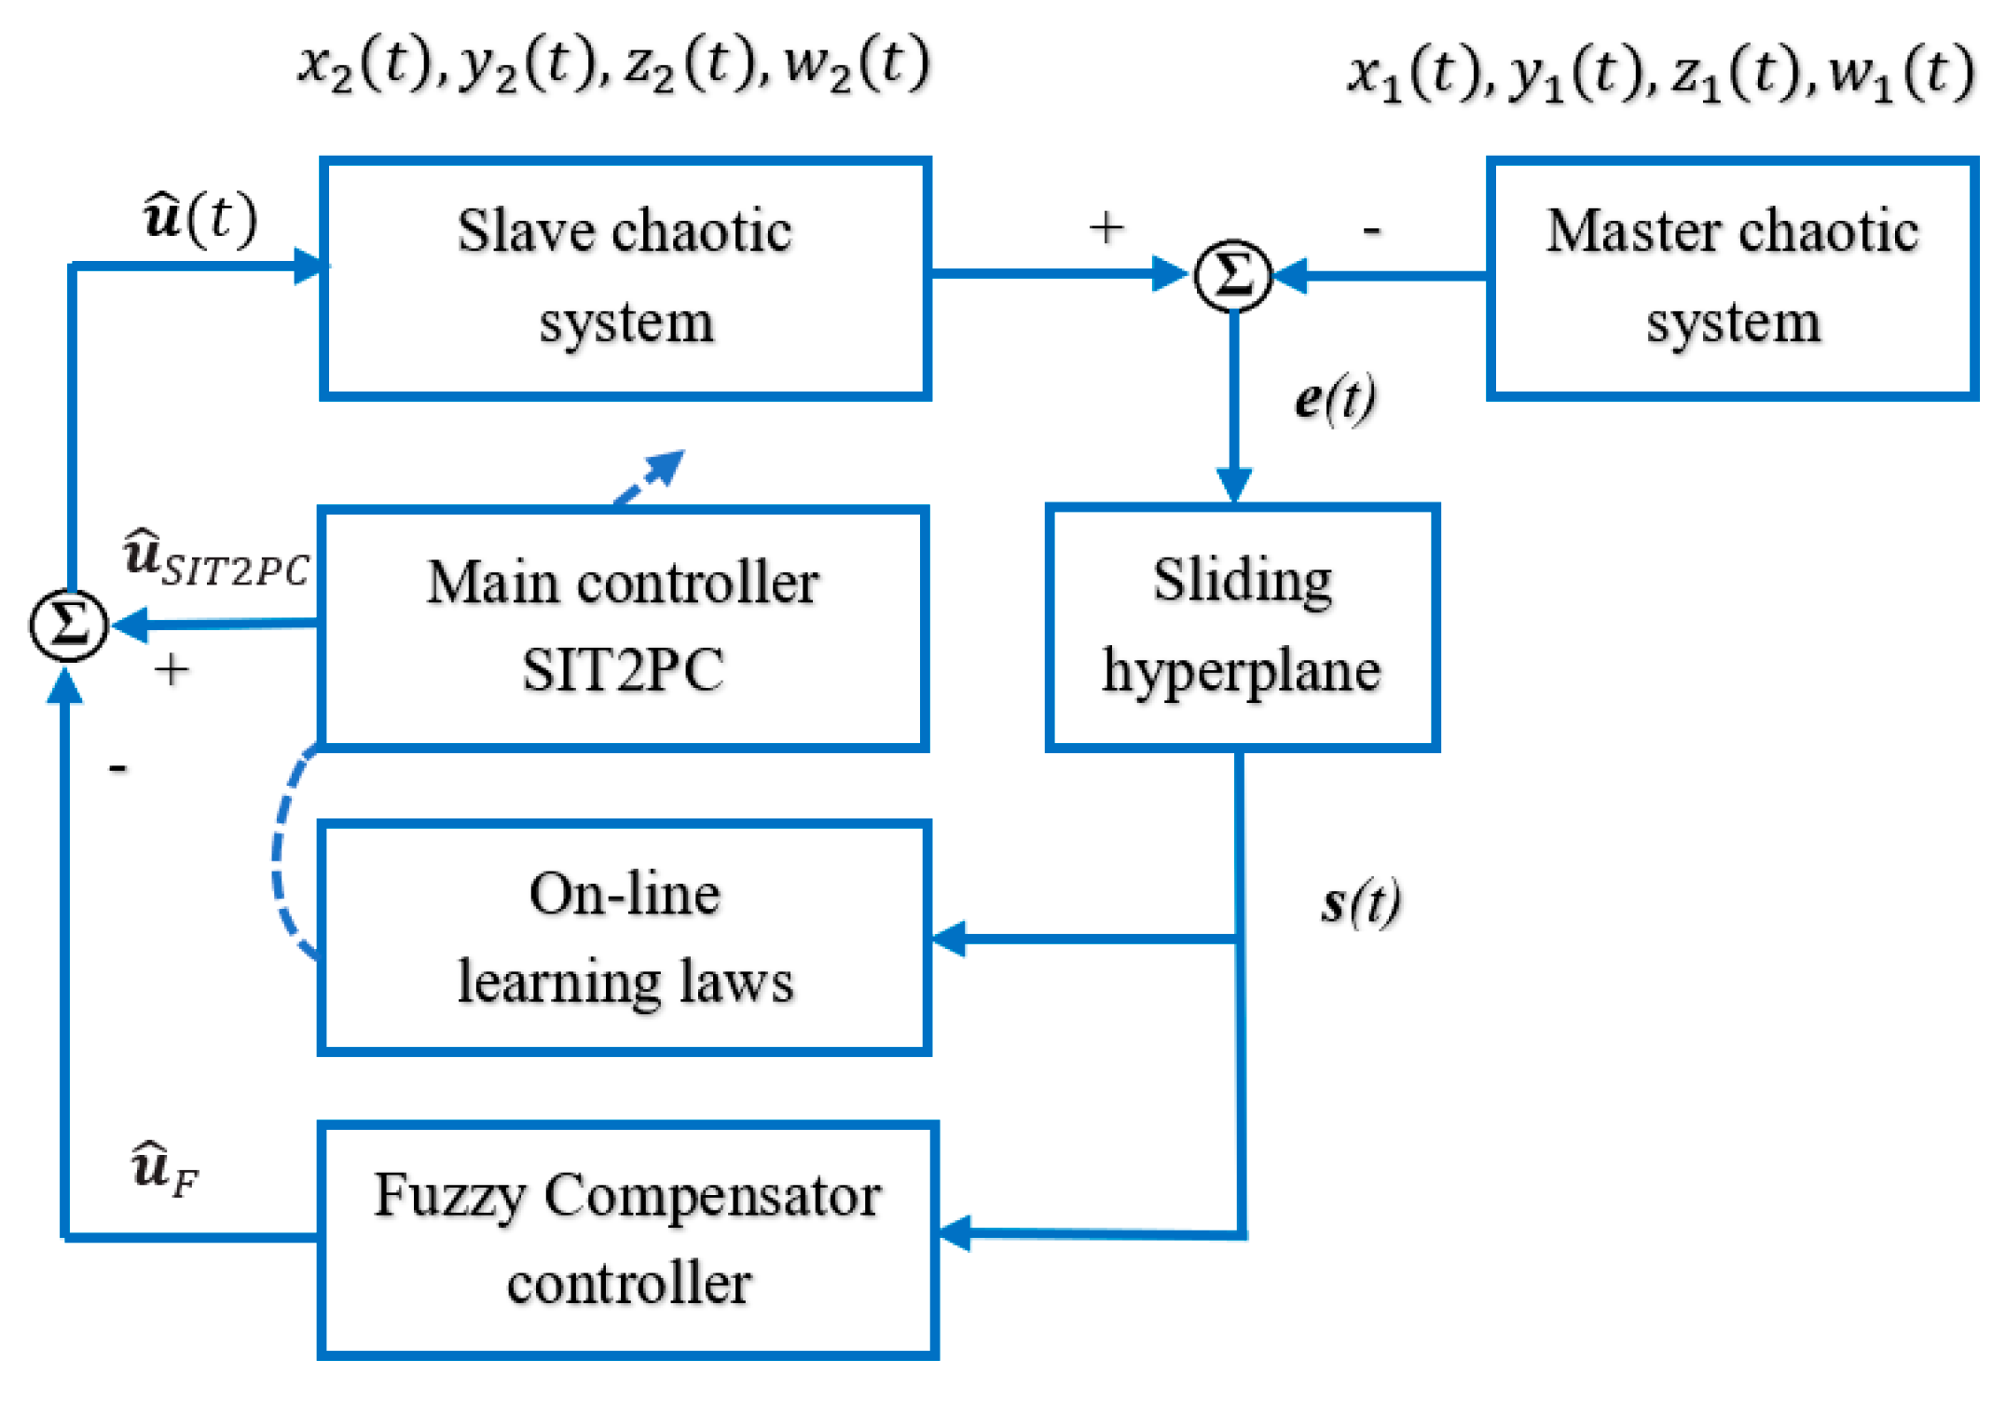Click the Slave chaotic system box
(625, 278)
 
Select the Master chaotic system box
(1731, 278)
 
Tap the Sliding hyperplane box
(1242, 626)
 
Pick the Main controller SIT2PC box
(623, 626)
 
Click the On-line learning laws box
(625, 937)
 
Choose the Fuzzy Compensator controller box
(627, 1240)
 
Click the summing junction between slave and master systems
(1232, 276)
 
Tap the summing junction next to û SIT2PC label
(68, 625)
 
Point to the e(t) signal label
(1335, 399)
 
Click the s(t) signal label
(1360, 902)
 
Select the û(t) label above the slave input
(199, 218)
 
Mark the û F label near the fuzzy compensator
(164, 1169)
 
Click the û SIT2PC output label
(216, 559)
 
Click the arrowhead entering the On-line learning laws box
(949, 939)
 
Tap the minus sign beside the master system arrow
(1371, 229)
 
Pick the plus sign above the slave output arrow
(1106, 227)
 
